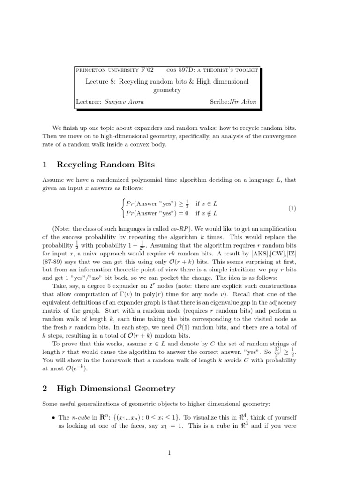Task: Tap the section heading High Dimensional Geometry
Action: click(x=116, y=388)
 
